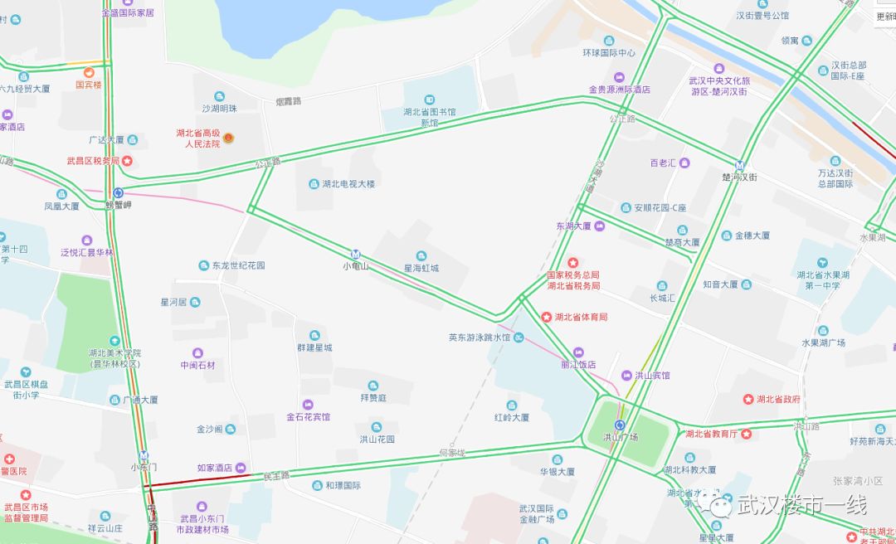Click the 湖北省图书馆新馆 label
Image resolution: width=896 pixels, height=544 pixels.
[429, 117]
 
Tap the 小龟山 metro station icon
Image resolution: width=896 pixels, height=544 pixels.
[356, 255]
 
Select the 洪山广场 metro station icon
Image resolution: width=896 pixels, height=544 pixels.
[620, 425]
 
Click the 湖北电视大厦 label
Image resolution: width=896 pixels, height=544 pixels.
[348, 184]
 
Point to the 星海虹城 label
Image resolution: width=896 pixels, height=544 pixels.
[421, 268]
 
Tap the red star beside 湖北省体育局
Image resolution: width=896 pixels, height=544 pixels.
[546, 317]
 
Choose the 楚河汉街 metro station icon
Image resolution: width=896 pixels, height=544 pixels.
[739, 164]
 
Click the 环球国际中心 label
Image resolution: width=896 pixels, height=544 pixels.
[608, 53]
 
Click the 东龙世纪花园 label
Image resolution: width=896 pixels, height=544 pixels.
[238, 266]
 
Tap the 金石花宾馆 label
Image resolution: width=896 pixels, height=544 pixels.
[308, 417]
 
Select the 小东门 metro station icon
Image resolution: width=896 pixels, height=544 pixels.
[144, 454]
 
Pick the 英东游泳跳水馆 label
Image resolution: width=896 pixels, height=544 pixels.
[480, 338]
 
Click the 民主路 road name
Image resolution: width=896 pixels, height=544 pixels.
[276, 476]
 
